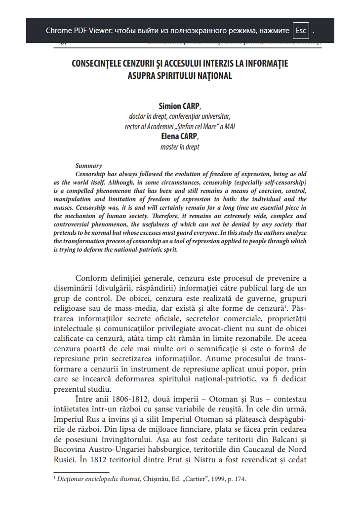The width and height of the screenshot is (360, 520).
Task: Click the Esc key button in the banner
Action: tap(301, 31)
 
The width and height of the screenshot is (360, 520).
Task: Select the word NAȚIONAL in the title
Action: tap(211, 76)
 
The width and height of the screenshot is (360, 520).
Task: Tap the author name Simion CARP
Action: tap(179, 106)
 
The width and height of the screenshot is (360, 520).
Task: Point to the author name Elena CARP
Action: tap(179, 137)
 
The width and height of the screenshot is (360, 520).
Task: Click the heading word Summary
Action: tap(88, 166)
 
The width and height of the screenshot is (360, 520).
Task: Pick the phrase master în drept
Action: tap(180, 147)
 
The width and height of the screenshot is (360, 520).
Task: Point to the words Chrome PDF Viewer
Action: tap(78, 31)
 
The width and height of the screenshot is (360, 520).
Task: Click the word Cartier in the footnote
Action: tap(192, 479)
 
